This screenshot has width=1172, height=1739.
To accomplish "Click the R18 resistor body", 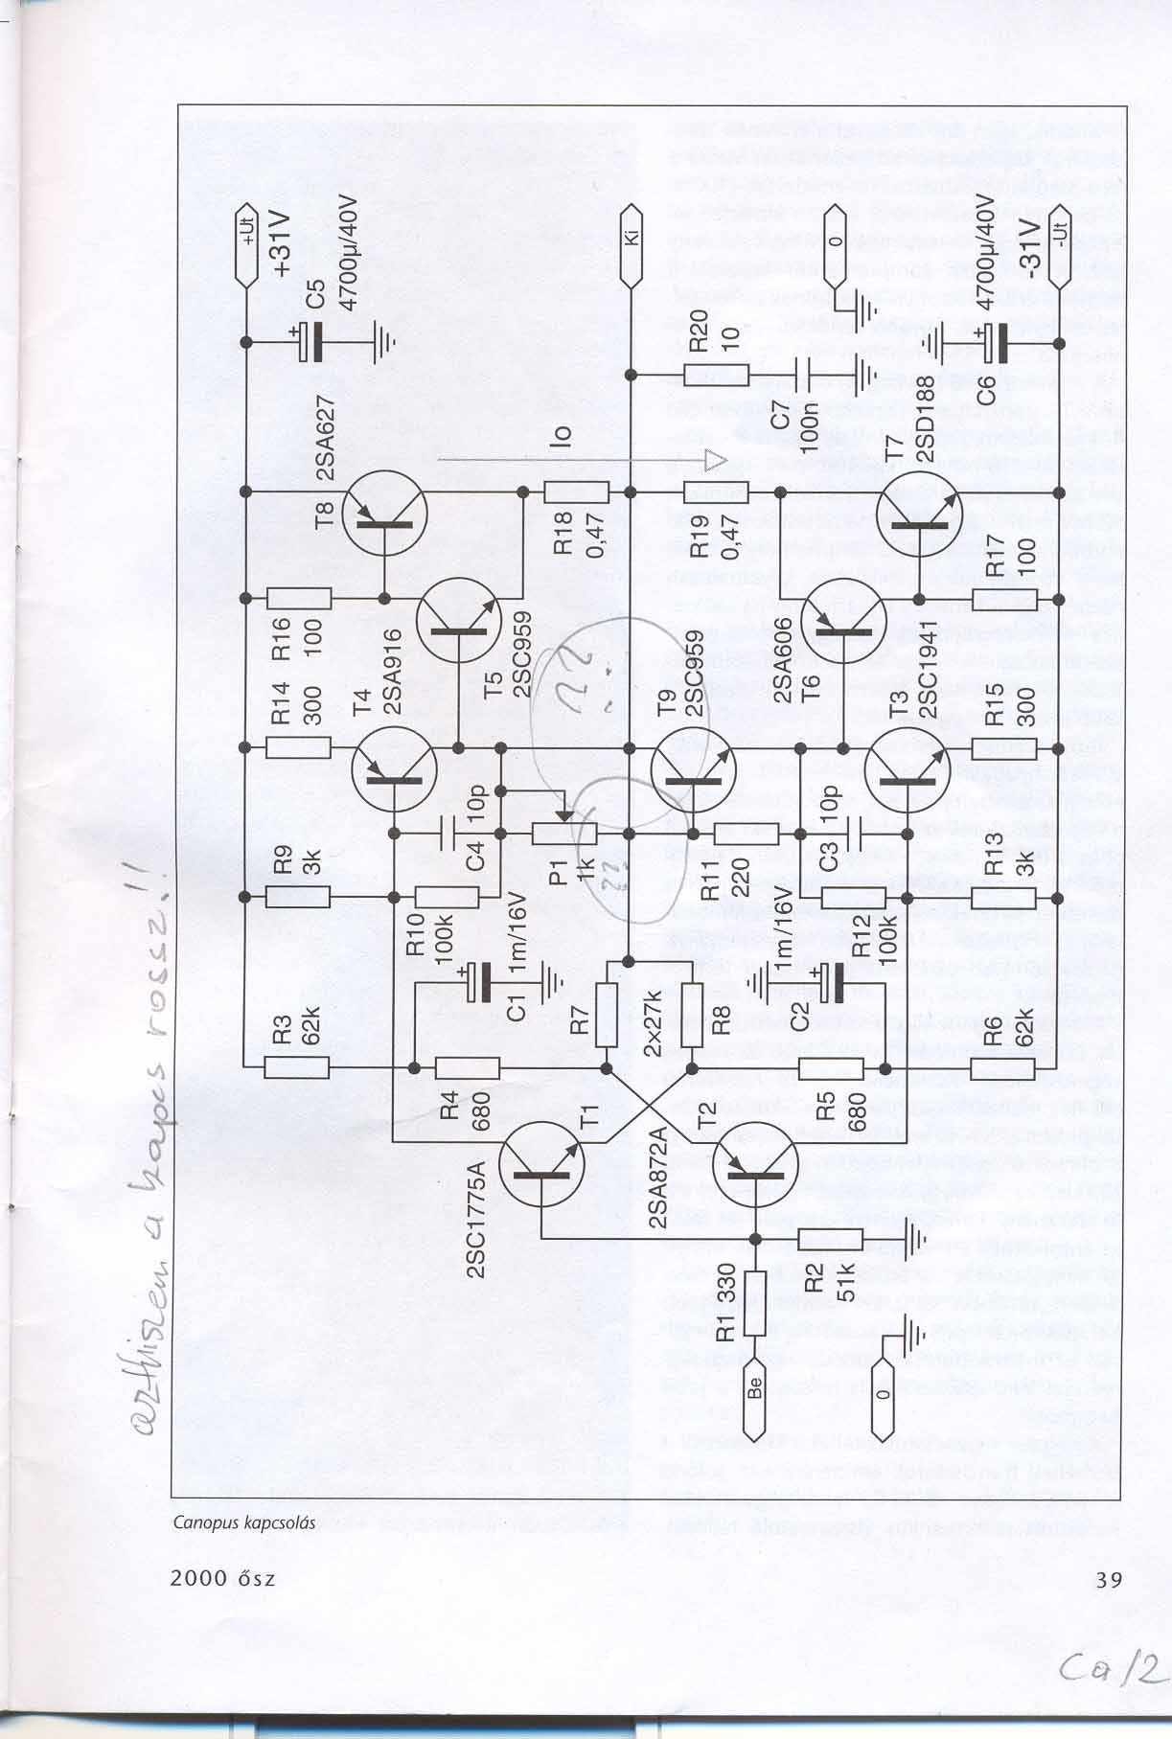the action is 576,492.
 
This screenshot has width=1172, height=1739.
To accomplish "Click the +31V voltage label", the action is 284,243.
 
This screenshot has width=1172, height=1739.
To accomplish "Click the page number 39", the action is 1108,1578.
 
